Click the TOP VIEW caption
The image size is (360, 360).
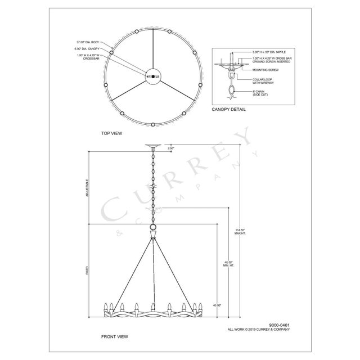pyautogui.click(x=111, y=133)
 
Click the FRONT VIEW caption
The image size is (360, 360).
pyautogui.click(x=114, y=336)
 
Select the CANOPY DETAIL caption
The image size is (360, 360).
pyautogui.click(x=228, y=110)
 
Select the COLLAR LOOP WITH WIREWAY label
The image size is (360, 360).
pyautogui.click(x=263, y=80)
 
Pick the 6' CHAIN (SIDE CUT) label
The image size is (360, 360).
pyautogui.click(x=262, y=92)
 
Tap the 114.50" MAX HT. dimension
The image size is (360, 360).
pyautogui.click(x=241, y=231)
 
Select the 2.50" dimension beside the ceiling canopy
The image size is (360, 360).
pyautogui.click(x=171, y=148)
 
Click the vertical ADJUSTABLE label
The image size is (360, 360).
pyautogui.click(x=87, y=187)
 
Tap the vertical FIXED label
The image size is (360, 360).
pyautogui.click(x=87, y=270)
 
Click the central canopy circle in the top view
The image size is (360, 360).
pyautogui.click(x=152, y=76)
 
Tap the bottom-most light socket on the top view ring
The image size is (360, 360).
pyautogui.click(x=152, y=124)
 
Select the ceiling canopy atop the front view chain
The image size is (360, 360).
pyautogui.click(x=152, y=147)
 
